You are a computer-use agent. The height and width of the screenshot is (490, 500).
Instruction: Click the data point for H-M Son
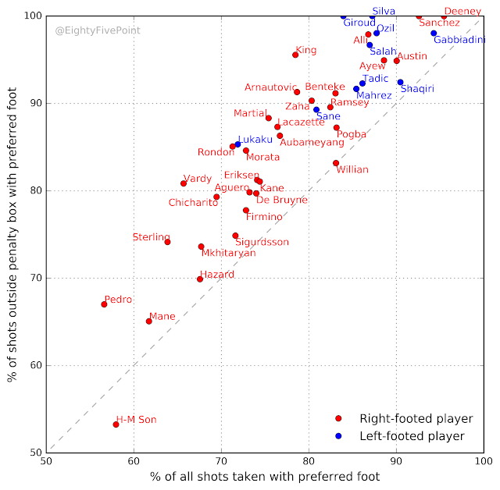[x=116, y=424]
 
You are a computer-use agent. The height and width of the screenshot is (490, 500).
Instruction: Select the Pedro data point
[x=104, y=304]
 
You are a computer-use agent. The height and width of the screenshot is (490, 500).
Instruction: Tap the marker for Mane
[x=148, y=321]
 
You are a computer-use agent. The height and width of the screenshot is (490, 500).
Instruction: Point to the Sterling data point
[x=167, y=242]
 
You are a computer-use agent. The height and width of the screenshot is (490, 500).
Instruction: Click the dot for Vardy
[x=184, y=183]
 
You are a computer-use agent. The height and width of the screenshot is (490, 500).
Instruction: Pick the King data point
[x=295, y=55]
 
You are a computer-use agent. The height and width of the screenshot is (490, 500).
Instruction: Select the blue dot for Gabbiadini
[x=434, y=34]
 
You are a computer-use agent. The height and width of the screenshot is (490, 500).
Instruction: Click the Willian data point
[x=336, y=163]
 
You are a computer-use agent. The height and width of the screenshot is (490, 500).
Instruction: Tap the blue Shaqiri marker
[x=400, y=82]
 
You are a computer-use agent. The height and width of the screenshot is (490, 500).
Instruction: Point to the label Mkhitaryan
[x=228, y=254]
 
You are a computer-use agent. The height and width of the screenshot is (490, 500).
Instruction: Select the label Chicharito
[x=194, y=203]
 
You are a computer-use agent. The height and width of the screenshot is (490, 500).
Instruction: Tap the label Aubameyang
[x=312, y=143]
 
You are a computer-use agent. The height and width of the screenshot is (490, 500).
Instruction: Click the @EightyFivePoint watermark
[x=97, y=32]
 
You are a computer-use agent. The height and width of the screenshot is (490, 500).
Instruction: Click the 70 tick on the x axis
[x=221, y=460]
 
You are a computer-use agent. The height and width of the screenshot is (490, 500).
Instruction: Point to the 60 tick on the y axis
[x=34, y=365]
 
